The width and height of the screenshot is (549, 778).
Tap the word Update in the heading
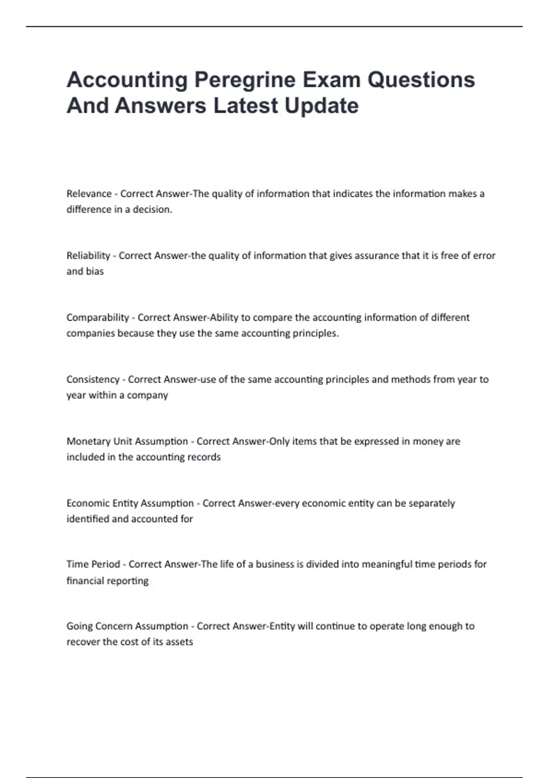click(321, 106)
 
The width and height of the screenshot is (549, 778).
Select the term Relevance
click(89, 194)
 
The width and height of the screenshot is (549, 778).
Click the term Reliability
click(88, 255)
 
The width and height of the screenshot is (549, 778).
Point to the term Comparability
click(97, 318)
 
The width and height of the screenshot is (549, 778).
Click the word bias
click(95, 271)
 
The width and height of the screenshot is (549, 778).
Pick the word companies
click(90, 333)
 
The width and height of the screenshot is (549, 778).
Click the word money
click(427, 441)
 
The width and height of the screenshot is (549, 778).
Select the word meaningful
click(387, 564)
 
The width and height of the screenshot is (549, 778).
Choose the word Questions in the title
click(421, 80)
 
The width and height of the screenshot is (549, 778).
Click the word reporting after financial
click(131, 581)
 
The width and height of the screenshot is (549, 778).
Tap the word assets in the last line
click(179, 642)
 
